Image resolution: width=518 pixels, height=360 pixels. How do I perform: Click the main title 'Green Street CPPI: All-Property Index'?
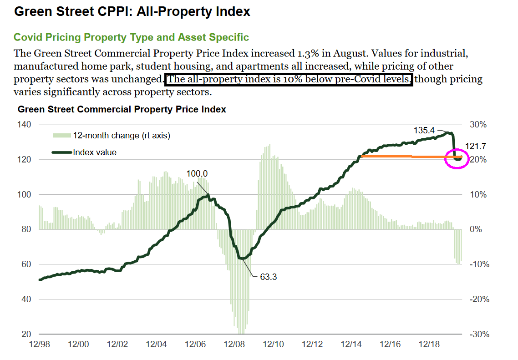click(132, 11)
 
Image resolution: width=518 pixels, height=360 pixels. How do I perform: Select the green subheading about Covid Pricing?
click(131, 37)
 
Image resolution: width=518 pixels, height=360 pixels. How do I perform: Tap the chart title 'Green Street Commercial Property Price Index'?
click(122, 110)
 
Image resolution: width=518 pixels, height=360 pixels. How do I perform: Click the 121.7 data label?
click(476, 146)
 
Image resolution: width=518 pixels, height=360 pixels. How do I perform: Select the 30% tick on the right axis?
click(478, 125)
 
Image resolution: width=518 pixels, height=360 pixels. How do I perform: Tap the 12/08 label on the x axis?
click(234, 345)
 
